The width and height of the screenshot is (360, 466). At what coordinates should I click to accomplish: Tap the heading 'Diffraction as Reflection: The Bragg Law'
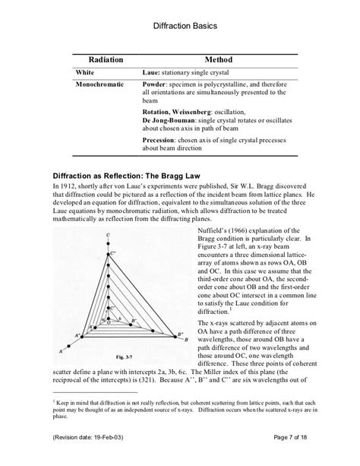point(146,173)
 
